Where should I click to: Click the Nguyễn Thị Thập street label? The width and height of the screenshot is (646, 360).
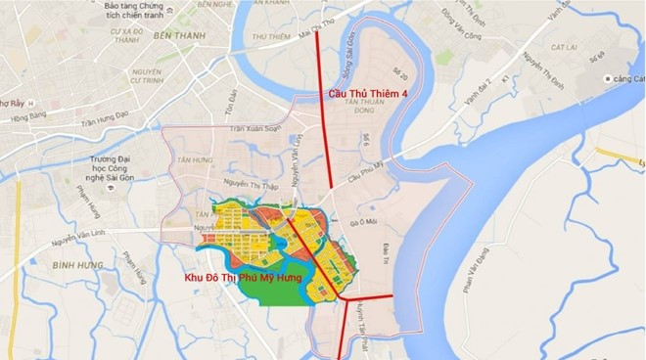click(x=249, y=182)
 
